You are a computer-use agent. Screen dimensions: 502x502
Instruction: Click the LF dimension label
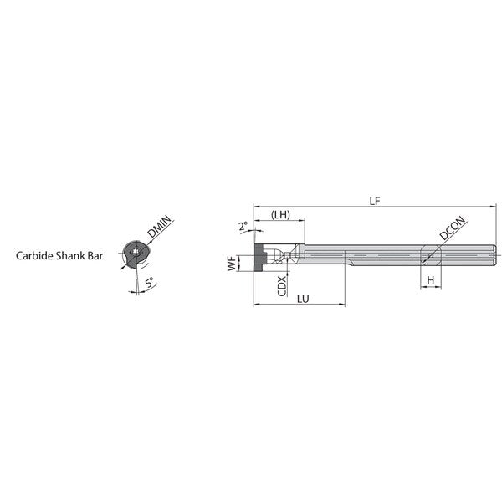pyautogui.click(x=375, y=201)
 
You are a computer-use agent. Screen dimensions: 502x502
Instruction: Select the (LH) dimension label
pyautogui.click(x=280, y=214)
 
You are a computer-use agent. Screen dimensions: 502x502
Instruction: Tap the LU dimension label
pyautogui.click(x=303, y=299)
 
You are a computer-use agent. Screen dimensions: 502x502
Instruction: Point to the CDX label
pyautogui.click(x=282, y=286)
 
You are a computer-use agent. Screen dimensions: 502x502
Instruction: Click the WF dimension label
pyautogui.click(x=232, y=264)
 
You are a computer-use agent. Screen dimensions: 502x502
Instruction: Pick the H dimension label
pyautogui.click(x=431, y=280)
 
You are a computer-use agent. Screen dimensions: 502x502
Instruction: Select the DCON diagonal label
pyautogui.click(x=452, y=228)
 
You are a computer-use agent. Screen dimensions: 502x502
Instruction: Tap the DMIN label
pyautogui.click(x=160, y=227)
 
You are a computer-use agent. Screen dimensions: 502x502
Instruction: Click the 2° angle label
pyautogui.click(x=243, y=226)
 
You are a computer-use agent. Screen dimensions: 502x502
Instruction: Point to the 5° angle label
pyautogui.click(x=149, y=283)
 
